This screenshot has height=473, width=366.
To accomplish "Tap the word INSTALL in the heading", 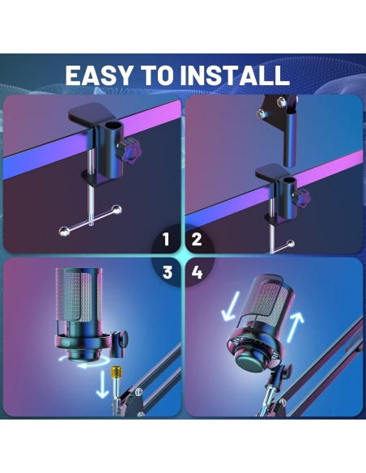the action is point(235,75).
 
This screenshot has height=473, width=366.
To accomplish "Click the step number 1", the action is point(166,240).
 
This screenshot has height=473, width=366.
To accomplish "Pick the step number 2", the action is point(197,240).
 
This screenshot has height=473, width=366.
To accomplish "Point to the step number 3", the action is point(168,272).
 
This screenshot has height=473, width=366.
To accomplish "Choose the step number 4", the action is point(197,273).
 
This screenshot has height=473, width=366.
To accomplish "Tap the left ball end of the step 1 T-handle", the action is point(65,232).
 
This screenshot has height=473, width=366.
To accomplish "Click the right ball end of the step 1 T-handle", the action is point(117,210).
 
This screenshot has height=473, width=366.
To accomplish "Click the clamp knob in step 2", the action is point(302,197).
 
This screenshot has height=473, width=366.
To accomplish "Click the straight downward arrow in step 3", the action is point(103,385).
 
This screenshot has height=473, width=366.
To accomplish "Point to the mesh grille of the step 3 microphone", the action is point(79,295).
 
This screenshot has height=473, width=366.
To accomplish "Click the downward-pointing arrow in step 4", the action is point(230,306).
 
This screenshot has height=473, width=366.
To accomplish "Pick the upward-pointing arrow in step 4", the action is point(295,327).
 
